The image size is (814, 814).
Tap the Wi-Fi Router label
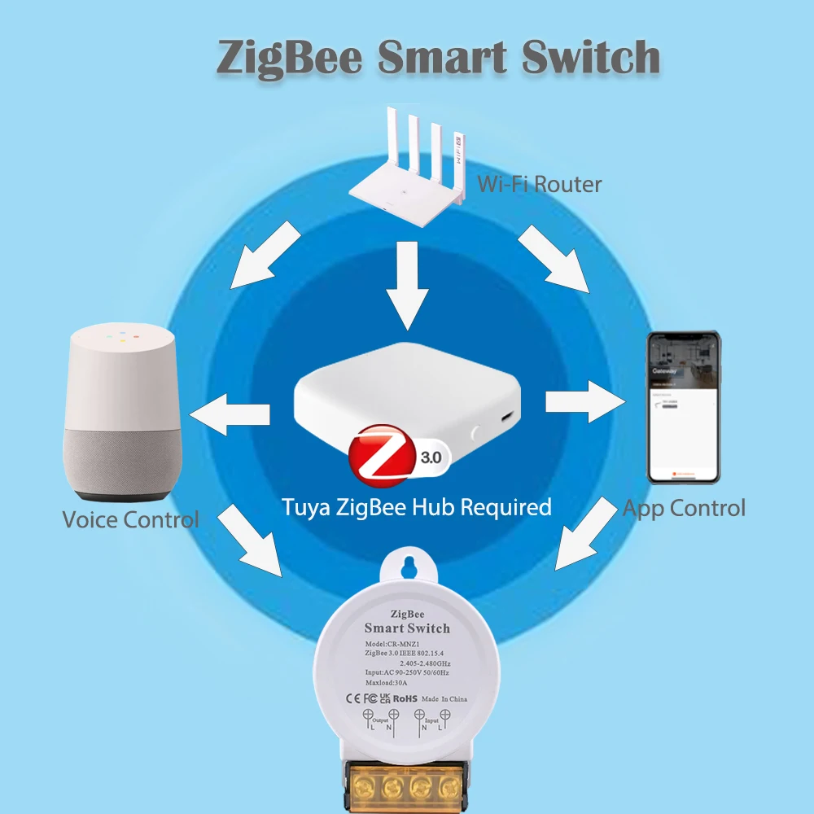click(539, 184)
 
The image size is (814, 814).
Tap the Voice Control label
click(130, 519)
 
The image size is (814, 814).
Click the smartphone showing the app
click(683, 406)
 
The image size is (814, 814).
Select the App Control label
click(684, 509)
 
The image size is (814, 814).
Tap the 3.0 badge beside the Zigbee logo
click(429, 457)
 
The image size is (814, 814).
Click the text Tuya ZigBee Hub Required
click(417, 507)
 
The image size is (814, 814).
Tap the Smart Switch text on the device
click(407, 628)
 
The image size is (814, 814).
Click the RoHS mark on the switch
click(405, 698)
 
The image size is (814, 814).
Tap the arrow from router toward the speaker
click(265, 257)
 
